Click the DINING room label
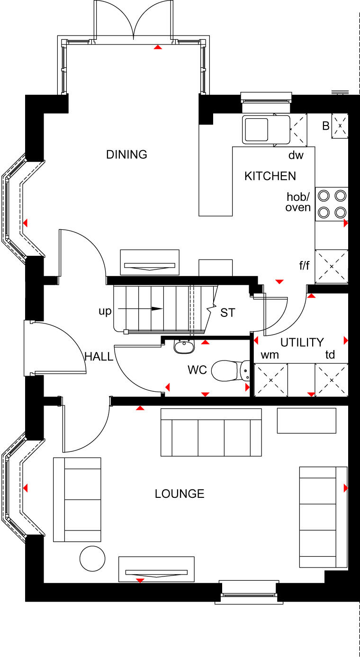click(126, 154)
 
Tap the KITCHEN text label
click(270, 176)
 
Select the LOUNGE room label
click(180, 494)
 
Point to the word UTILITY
click(302, 342)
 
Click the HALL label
click(99, 357)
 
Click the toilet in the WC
click(230, 370)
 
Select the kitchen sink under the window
click(256, 129)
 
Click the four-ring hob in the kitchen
click(332, 203)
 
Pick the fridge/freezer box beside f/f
click(332, 267)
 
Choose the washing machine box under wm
click(271, 380)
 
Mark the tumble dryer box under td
click(332, 380)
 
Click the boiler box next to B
click(340, 126)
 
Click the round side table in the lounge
click(92, 558)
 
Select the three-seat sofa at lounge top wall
click(211, 432)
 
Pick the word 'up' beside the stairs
click(105, 311)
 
